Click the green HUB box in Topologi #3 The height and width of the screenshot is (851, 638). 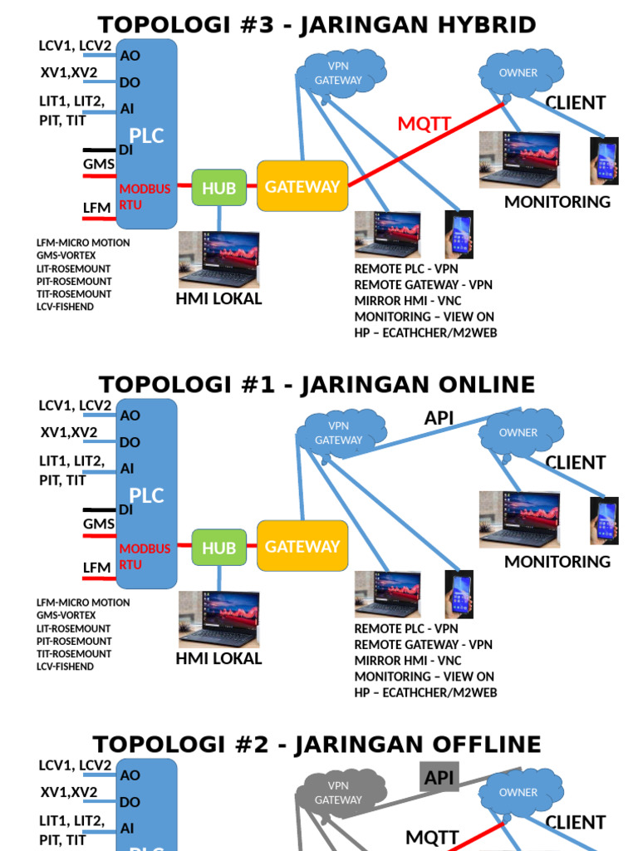click(219, 188)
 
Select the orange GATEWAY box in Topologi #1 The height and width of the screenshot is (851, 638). click(302, 547)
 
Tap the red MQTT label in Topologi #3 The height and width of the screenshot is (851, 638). click(424, 125)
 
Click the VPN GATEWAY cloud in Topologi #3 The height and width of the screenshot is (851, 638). click(338, 74)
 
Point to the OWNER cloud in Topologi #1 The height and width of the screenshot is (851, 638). click(518, 433)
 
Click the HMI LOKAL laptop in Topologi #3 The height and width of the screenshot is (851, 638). click(219, 259)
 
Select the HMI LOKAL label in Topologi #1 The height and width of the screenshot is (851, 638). click(219, 659)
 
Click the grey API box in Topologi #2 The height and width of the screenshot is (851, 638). click(439, 777)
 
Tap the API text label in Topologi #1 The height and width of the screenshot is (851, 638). click(439, 419)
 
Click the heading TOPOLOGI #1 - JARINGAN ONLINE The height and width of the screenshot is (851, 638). click(317, 385)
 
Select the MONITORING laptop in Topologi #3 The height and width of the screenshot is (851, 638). click(520, 160)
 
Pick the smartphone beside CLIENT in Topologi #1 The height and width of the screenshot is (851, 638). click(605, 520)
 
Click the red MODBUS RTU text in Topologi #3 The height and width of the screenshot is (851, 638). click(145, 196)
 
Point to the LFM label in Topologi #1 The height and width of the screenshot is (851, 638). click(96, 568)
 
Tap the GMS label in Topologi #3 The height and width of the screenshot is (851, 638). click(99, 165)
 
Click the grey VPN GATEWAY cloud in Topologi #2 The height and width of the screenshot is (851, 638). click(338, 793)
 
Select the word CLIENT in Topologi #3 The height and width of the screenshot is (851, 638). click(575, 103)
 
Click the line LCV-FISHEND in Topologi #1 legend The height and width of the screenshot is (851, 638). click(66, 667)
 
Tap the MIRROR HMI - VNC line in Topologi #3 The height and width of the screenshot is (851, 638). click(408, 301)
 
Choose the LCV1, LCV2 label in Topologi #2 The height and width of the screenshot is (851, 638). click(75, 765)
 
